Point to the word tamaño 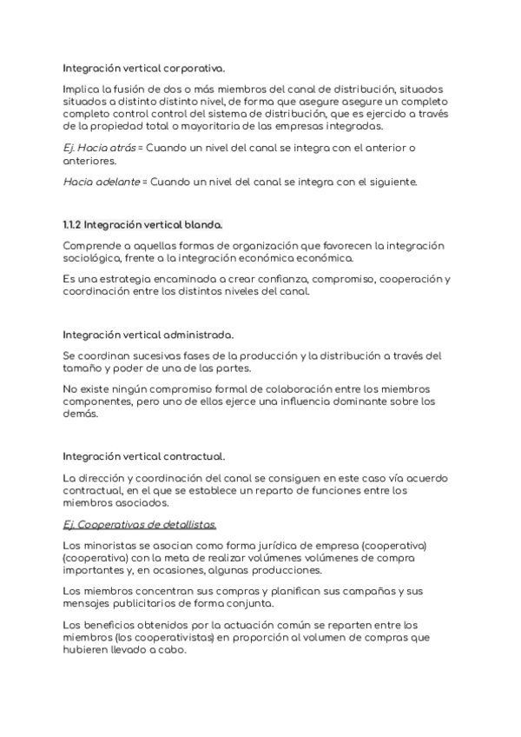82,368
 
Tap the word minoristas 105,545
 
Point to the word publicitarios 148,603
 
